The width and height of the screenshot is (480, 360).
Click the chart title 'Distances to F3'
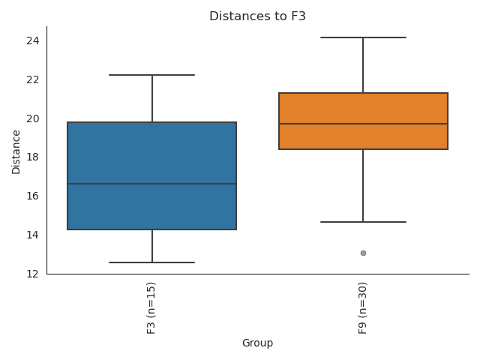pyautogui.click(x=257, y=16)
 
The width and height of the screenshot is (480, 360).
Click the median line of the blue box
pyautogui.click(x=152, y=184)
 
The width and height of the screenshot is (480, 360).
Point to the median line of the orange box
pyautogui.click(x=363, y=124)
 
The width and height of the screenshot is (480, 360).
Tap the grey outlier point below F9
pyautogui.click(x=363, y=253)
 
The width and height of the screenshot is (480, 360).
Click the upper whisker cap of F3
pyautogui.click(x=152, y=75)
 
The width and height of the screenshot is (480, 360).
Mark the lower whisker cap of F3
pyautogui.click(x=152, y=262)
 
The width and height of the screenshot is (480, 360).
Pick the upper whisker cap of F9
pyautogui.click(x=363, y=37)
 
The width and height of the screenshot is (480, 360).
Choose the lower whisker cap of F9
pyautogui.click(x=363, y=222)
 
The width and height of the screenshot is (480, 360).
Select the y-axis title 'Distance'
pyautogui.click(x=16, y=153)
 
